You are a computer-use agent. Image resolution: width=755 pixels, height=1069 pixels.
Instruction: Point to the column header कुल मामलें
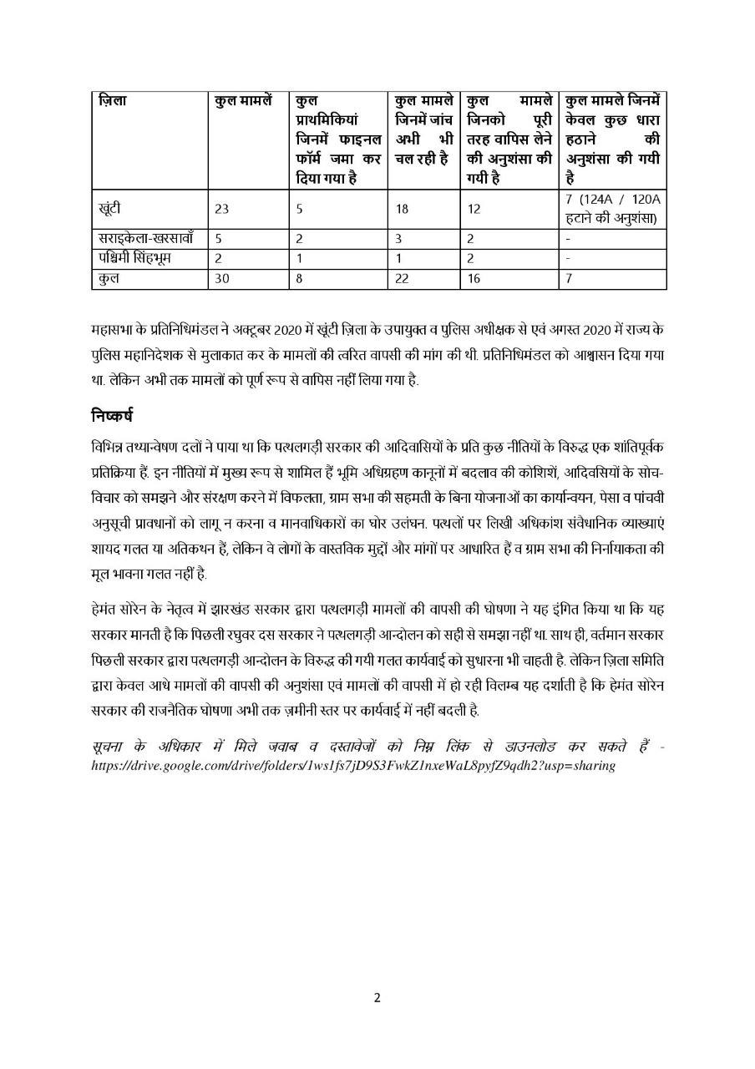point(242,101)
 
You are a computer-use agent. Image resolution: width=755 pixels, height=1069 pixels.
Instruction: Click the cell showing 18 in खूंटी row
point(402,210)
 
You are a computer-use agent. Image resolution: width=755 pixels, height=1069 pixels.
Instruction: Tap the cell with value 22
point(402,279)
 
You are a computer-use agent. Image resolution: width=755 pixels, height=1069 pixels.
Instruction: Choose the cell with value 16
point(474,279)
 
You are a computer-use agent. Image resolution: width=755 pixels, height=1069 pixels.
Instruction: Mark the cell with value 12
point(474,210)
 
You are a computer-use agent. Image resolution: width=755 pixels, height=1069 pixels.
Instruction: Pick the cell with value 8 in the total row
point(299,279)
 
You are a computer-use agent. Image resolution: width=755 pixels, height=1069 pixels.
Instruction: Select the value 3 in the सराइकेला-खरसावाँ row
point(398,239)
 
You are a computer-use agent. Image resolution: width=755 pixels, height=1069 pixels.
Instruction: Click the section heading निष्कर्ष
point(112,414)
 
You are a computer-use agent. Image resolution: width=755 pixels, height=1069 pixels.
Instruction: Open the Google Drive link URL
point(353,764)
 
